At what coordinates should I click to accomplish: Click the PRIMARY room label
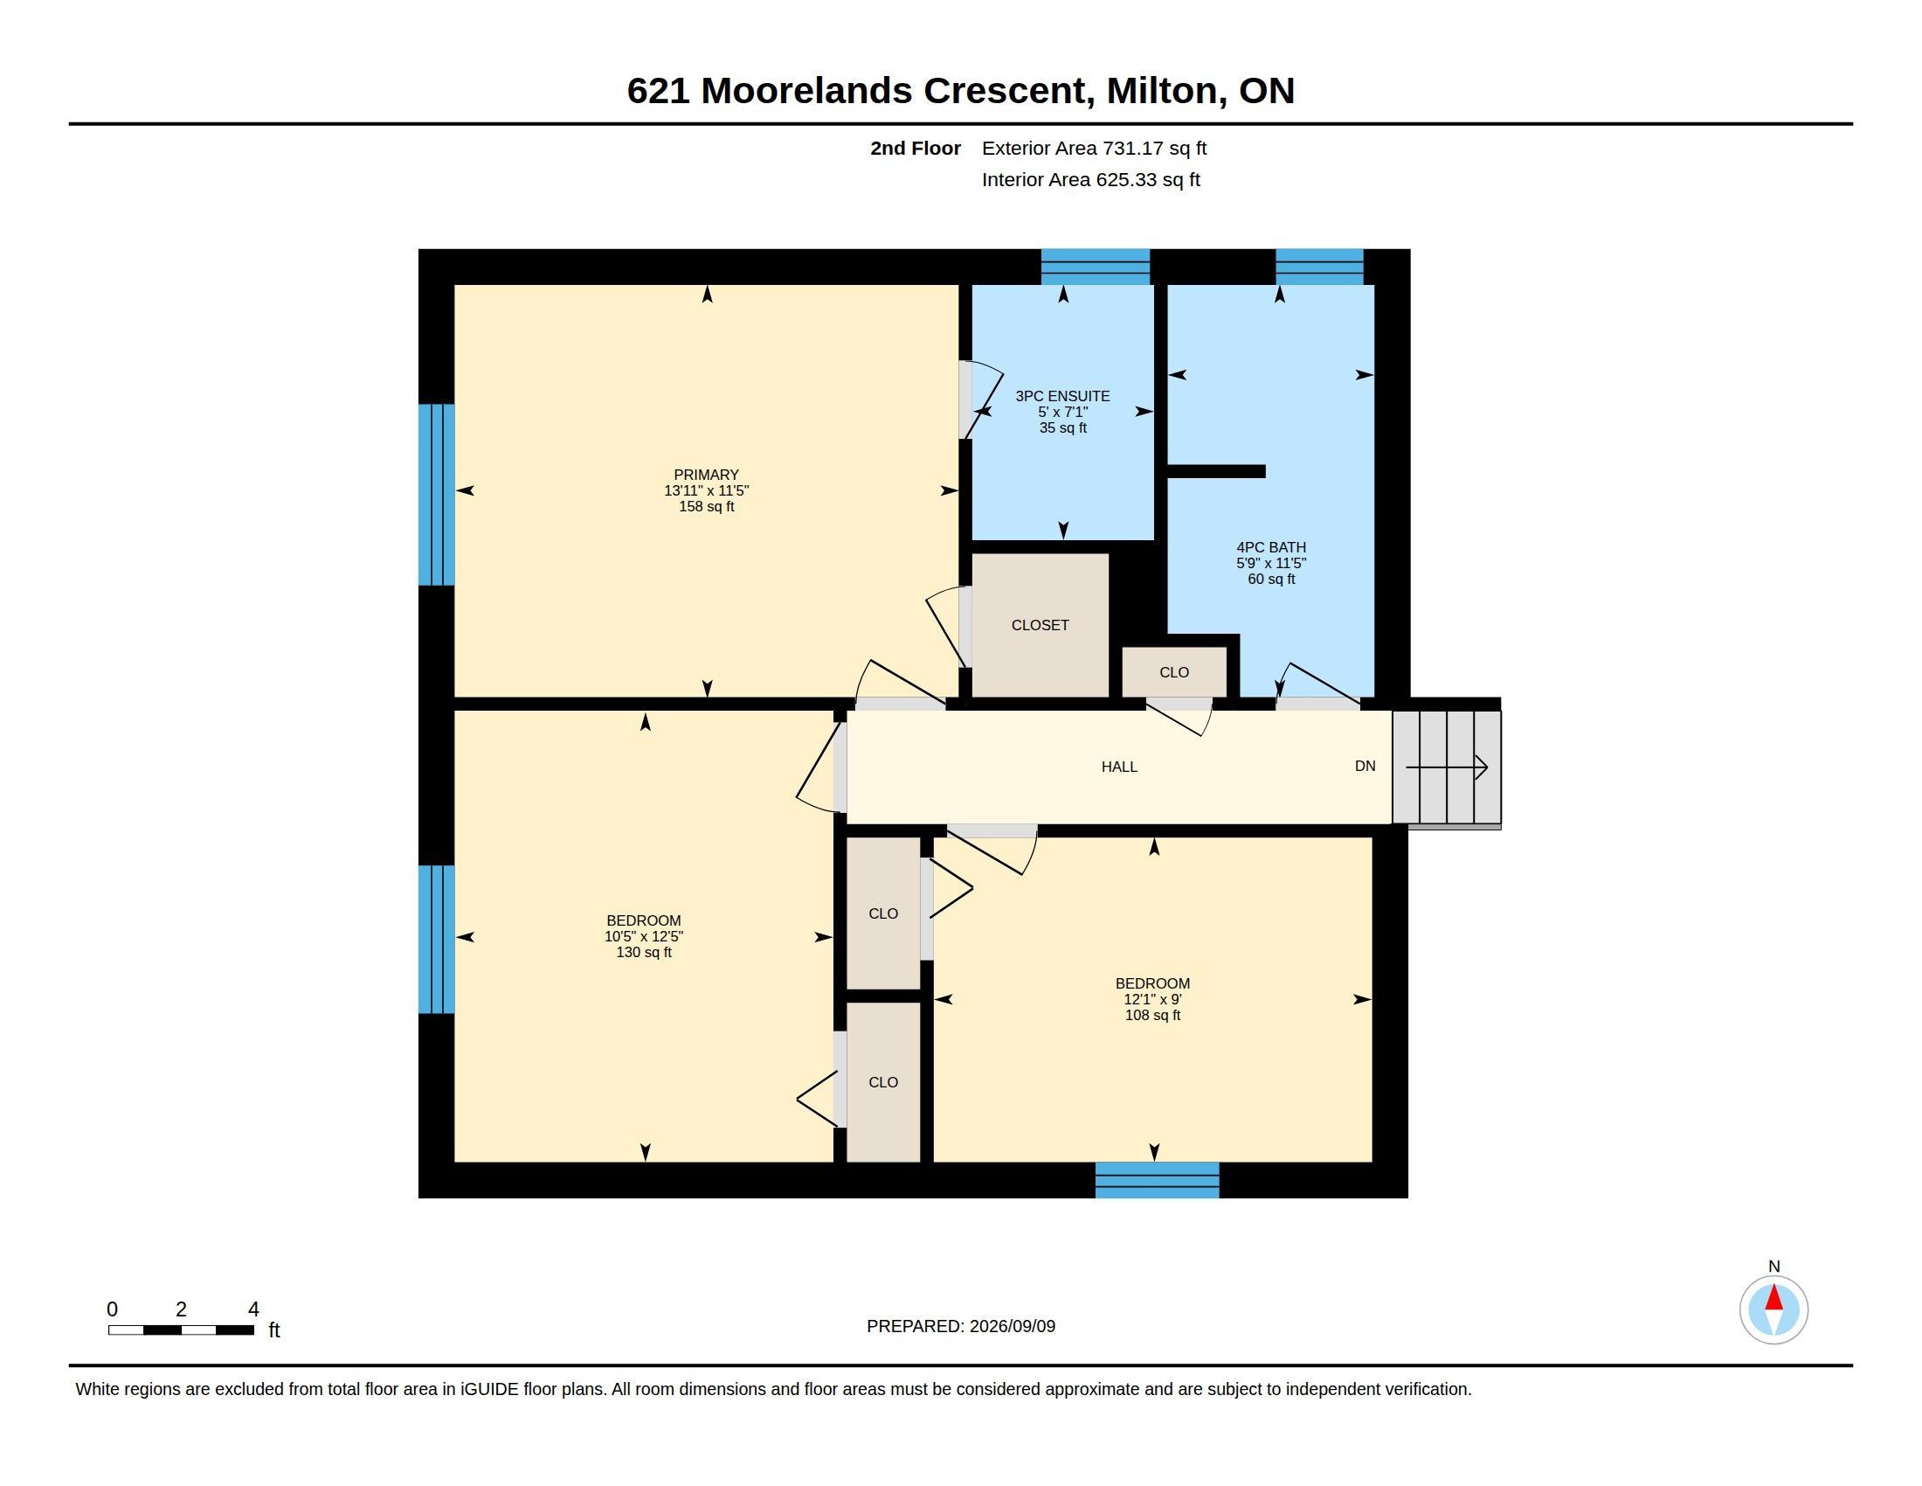coord(706,475)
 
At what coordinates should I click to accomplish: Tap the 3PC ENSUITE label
coord(1062,396)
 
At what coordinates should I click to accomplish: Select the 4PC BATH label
coord(1271,546)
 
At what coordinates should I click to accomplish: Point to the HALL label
coord(1119,767)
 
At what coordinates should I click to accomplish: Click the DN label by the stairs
coord(1365,766)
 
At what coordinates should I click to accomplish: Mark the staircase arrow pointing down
coord(1447,767)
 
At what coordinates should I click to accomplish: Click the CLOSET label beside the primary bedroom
coord(1041,625)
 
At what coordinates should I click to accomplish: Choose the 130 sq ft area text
coord(644,953)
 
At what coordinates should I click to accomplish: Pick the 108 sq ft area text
coord(1153,1015)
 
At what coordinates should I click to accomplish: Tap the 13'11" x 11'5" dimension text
coord(706,490)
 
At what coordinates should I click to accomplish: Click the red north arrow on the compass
coord(1774,1297)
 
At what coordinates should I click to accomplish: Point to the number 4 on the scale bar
coord(253,1309)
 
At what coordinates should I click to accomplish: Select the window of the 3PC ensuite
coord(1096,267)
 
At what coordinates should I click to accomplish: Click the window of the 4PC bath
coord(1319,267)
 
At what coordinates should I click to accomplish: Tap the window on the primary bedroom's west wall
coord(437,495)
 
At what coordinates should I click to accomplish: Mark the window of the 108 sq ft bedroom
coord(1158,1180)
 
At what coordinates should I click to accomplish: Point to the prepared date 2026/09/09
coord(1012,1326)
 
